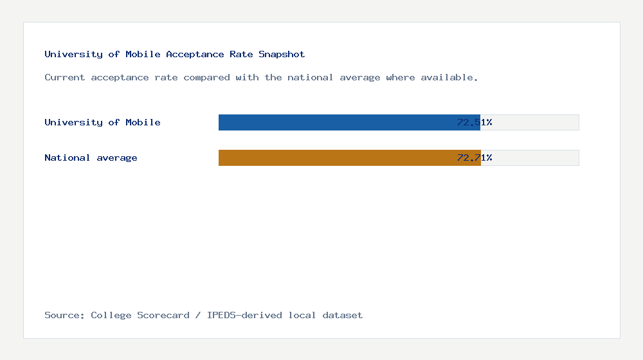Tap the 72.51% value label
coord(475,122)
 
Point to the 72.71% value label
coord(475,157)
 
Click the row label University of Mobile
coord(102,122)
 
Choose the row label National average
coord(91,157)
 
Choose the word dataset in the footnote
coord(343,315)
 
